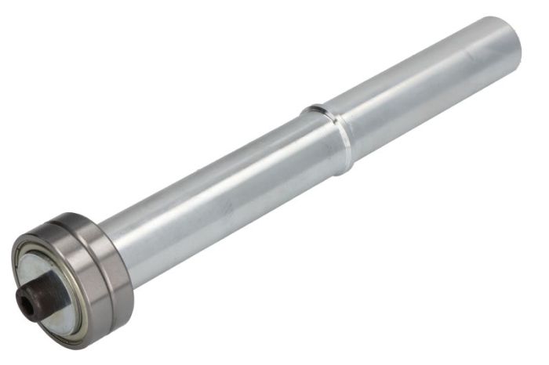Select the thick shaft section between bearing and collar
(220, 196)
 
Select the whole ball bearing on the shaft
(75, 278)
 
